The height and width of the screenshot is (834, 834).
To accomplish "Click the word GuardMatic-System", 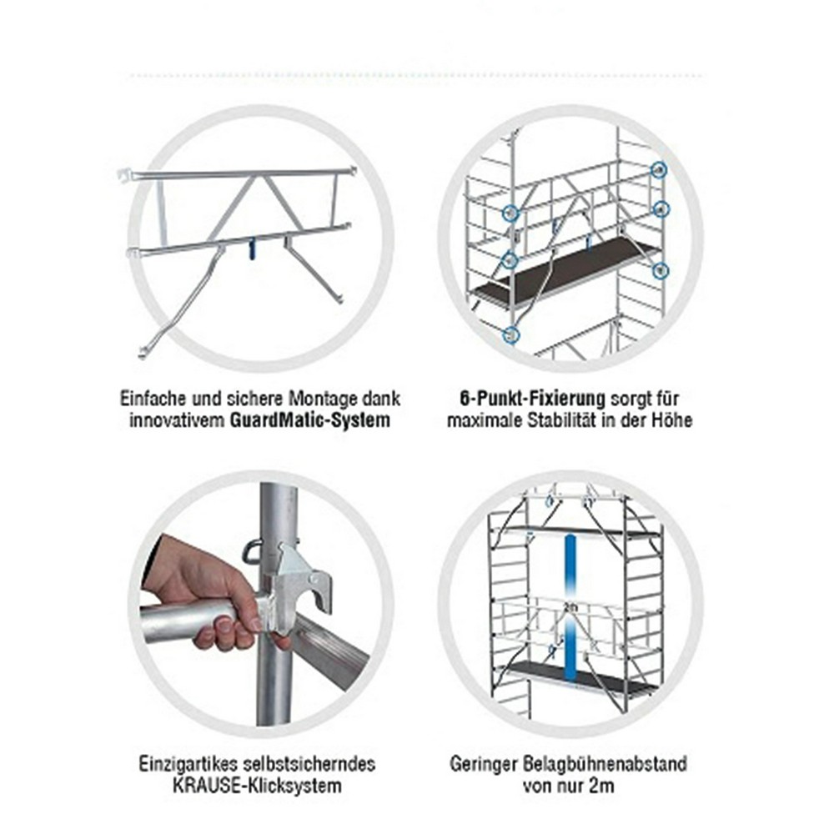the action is [310, 420].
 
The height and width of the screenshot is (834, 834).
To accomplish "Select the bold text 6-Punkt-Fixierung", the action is [532, 399].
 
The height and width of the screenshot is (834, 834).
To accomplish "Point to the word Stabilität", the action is [560, 420].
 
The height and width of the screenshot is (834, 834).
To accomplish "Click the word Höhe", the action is [673, 420].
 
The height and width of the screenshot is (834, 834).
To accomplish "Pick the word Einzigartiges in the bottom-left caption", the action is [188, 764].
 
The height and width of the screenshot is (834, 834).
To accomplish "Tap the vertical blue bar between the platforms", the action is [570, 608].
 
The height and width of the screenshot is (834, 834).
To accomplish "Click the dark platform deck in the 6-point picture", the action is [567, 271].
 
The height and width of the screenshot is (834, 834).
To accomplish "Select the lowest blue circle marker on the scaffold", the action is [510, 335].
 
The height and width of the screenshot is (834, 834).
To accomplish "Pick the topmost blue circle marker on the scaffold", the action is [660, 169].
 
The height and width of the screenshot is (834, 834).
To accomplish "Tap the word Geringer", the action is [484, 764].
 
